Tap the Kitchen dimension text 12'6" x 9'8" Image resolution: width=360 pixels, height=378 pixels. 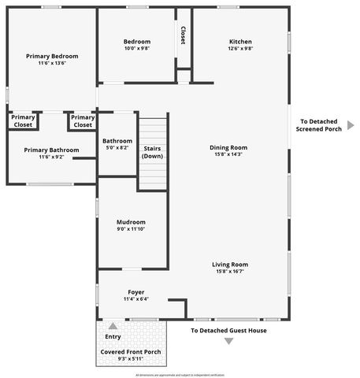pos(240,48)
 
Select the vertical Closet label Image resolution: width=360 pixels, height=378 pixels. pos(183,35)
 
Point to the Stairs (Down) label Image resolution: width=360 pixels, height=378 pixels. pos(153,152)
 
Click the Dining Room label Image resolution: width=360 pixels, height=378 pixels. pos(228,147)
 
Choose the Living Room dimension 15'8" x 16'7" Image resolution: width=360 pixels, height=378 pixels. pos(229,272)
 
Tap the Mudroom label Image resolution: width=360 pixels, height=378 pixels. pos(131,222)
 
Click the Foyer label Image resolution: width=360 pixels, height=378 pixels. pos(135,292)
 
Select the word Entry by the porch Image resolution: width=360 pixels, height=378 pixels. pos(113,337)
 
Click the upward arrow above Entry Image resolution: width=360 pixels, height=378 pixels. pos(113,326)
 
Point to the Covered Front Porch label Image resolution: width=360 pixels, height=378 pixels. pos(130,351)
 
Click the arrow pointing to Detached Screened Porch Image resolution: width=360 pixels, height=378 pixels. pos(351,124)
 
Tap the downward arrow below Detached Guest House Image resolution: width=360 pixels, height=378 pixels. pos(229,341)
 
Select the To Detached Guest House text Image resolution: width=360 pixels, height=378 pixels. pos(228,331)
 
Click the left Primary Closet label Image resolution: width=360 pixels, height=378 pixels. pos(24,121)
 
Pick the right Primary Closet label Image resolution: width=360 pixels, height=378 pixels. pos(83,121)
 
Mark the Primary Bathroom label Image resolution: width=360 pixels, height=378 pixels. pos(51,150)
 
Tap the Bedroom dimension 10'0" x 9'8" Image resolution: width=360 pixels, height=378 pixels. pos(136,48)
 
